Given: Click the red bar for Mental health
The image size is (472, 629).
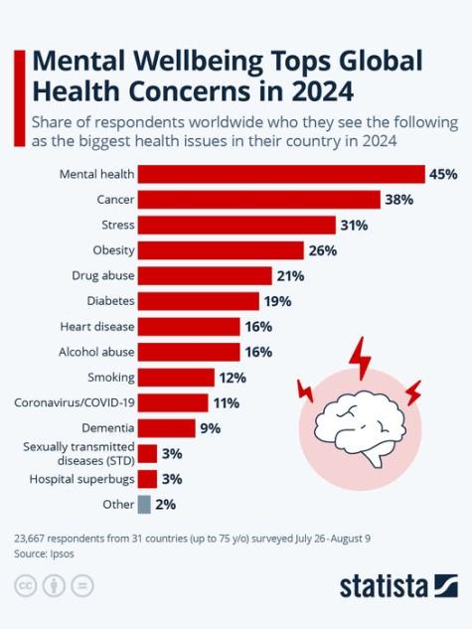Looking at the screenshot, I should (x=281, y=174).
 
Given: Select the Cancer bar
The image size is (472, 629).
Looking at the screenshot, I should (x=259, y=200).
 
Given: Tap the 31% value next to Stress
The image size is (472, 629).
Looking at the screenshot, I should (x=354, y=226).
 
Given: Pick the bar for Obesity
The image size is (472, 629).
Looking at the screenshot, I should (x=221, y=250).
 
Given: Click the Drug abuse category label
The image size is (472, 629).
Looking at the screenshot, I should (x=103, y=275).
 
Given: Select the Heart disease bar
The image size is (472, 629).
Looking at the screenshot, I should (x=189, y=326).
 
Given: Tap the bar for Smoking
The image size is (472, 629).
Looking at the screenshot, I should (x=176, y=378).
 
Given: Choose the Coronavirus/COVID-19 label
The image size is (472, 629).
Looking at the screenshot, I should (x=75, y=402).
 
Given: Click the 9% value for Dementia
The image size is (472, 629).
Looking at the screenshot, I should (x=209, y=428).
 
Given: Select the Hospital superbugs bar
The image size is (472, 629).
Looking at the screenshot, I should (x=147, y=479).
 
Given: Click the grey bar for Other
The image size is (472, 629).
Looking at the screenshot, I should (x=144, y=505).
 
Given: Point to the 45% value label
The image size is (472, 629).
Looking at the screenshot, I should (x=442, y=174).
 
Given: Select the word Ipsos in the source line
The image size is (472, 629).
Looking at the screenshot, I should (x=62, y=552).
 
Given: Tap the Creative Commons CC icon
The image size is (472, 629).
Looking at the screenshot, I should (x=25, y=585).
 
